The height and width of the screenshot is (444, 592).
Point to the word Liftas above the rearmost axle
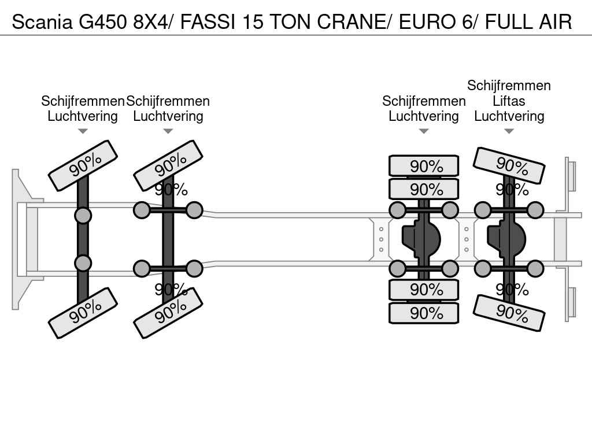[509, 101]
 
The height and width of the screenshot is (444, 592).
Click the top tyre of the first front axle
[83, 166]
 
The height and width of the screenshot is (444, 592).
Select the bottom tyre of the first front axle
[83, 312]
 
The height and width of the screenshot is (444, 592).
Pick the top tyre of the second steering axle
[168, 166]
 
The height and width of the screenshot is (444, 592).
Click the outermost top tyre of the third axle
[424, 166]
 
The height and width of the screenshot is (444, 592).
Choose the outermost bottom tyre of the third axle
[424, 313]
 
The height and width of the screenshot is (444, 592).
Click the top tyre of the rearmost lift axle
[509, 166]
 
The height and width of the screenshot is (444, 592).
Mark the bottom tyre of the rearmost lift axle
[509, 313]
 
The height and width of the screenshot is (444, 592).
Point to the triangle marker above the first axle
[83, 131]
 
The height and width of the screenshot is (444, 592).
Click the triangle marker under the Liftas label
[509, 131]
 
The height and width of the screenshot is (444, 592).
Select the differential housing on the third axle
[422, 239]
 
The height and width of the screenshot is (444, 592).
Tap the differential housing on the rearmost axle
[507, 239]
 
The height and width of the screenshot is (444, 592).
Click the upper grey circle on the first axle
[83, 216]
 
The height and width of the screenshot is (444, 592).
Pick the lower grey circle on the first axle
[83, 263]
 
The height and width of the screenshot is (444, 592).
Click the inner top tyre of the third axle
[424, 189]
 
